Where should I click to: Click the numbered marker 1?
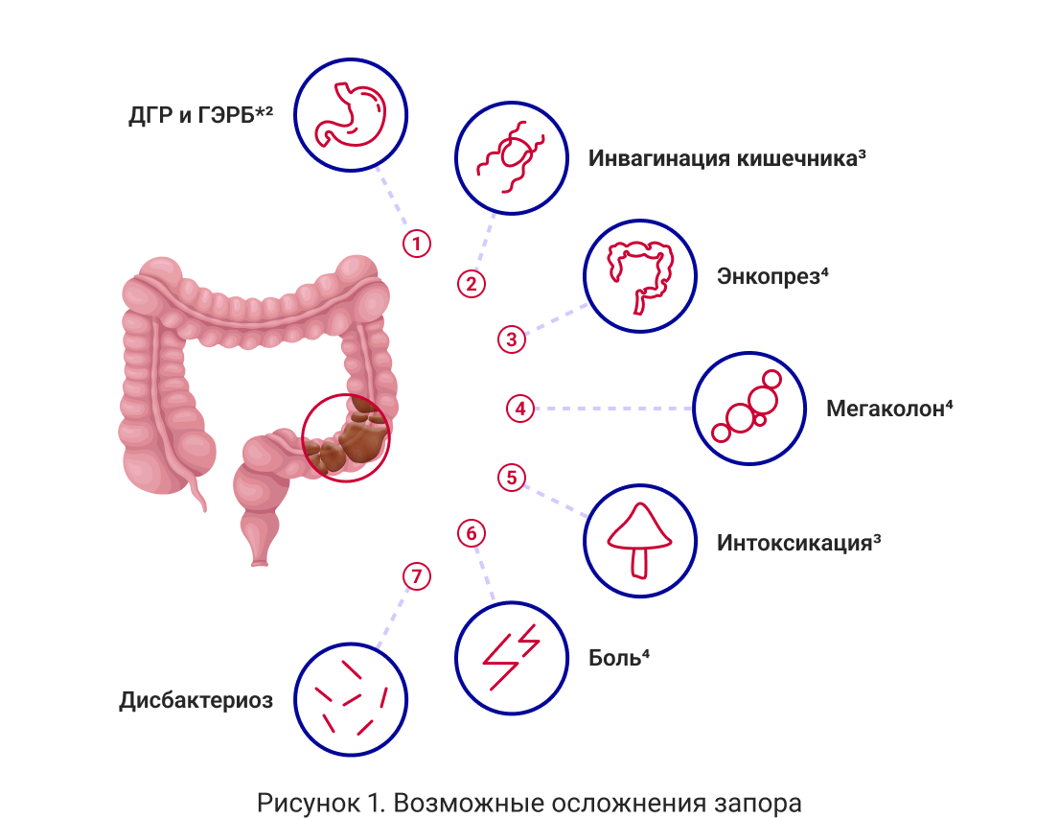pos(416,244)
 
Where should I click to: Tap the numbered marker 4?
pos(519,409)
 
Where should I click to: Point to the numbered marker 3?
pos(511,339)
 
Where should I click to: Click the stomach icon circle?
pos(350,114)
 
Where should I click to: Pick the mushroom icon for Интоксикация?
pos(639,540)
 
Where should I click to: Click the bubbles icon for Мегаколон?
pos(748,408)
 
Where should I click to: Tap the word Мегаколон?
pos(885,409)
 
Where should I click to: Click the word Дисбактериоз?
pos(196,700)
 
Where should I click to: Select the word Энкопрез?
pos(769,277)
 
